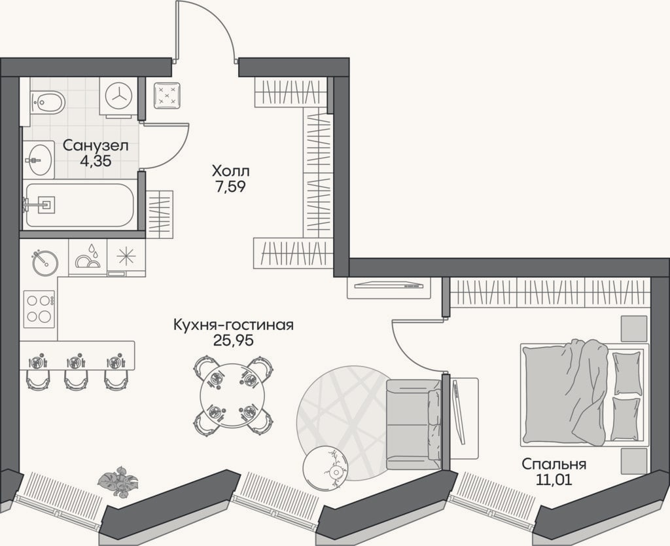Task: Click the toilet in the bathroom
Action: pos(47,102)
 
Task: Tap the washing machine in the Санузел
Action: pos(119,97)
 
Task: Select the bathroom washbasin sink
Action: pos(39,160)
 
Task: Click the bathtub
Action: pos(80,205)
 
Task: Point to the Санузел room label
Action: pos(96,145)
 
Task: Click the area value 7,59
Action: pos(231,187)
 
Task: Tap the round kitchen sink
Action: pos(44,263)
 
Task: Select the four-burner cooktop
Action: pos(39,309)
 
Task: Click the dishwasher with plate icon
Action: pos(88,257)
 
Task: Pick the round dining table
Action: pos(232,395)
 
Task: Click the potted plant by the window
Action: pos(118,481)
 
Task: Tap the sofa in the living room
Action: pos(414,424)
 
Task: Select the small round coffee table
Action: pos(325,467)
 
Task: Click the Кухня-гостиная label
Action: pos(234,325)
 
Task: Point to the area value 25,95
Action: pos(234,340)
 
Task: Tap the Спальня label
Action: pos(554,464)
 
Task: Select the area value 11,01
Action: pos(554,479)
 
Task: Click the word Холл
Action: pos(231,172)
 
